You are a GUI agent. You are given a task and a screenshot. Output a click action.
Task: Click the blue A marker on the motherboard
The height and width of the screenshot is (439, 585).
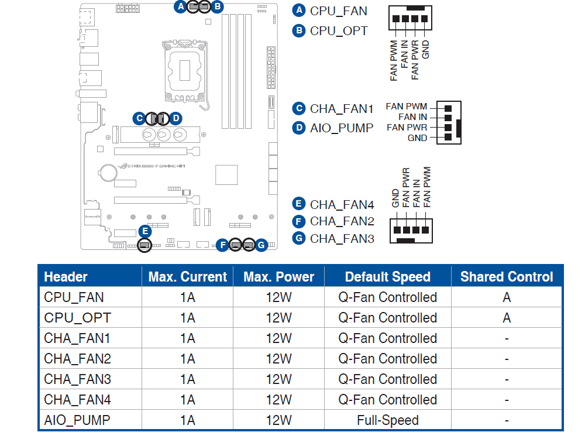click(x=180, y=6)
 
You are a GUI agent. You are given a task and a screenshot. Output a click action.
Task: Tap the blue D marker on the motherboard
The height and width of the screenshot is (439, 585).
click(x=175, y=118)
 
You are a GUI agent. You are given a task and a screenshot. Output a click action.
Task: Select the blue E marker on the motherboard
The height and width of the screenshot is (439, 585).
click(x=144, y=231)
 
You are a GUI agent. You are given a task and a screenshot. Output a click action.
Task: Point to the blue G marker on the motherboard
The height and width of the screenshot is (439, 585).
click(x=261, y=245)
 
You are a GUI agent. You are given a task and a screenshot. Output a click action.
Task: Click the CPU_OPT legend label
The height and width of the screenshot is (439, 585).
click(x=339, y=30)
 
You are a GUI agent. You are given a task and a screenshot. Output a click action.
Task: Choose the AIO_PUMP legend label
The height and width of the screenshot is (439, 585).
click(x=342, y=128)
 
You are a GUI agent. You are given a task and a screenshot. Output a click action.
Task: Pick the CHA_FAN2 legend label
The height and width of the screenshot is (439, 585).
click(x=342, y=221)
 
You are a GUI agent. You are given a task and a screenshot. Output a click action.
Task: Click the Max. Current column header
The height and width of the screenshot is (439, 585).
click(x=187, y=277)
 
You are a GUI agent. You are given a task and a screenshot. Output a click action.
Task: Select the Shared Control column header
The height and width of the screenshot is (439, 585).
click(x=506, y=277)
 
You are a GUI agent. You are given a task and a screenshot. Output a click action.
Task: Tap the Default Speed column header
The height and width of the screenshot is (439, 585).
click(x=387, y=277)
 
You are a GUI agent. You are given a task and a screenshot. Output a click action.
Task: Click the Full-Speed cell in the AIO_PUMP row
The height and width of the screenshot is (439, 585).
click(x=387, y=420)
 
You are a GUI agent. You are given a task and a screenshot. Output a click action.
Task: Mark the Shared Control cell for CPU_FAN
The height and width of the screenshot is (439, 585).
click(x=506, y=297)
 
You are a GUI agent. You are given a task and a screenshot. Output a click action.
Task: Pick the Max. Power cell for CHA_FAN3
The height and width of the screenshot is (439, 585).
click(x=278, y=379)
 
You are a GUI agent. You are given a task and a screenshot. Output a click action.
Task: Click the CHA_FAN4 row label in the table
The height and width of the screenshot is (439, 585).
click(x=77, y=400)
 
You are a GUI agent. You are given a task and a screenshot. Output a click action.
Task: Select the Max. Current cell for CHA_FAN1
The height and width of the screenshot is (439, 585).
click(x=187, y=338)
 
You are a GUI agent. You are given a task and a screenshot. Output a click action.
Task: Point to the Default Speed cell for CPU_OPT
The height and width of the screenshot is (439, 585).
click(x=387, y=318)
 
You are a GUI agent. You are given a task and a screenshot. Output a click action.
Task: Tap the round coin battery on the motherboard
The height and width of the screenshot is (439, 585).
click(x=108, y=172)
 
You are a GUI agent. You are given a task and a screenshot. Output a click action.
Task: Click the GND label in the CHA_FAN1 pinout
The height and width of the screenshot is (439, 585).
click(x=417, y=138)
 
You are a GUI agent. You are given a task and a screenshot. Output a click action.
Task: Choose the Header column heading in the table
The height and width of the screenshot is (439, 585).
click(x=66, y=277)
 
